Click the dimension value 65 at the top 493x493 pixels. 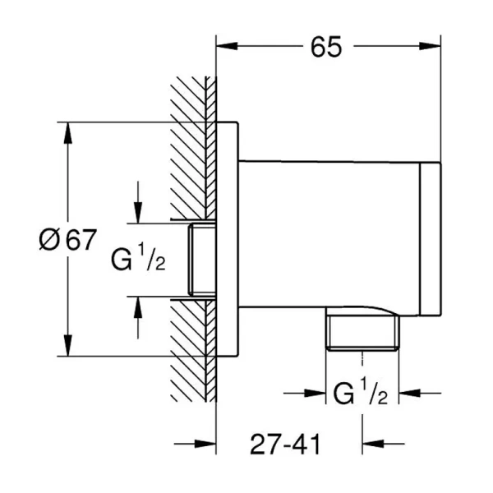pos(326,48)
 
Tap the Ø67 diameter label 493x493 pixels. pos(67,240)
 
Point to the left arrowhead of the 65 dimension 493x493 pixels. pos(223,48)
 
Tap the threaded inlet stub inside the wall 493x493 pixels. pos(199,260)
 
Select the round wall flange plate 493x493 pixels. pos(227,239)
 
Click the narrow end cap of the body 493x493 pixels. pos(430,239)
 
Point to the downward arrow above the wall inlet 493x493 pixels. pos(137,212)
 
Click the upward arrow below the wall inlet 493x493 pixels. pos(137,306)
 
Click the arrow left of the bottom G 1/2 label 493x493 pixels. pos(318,394)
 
